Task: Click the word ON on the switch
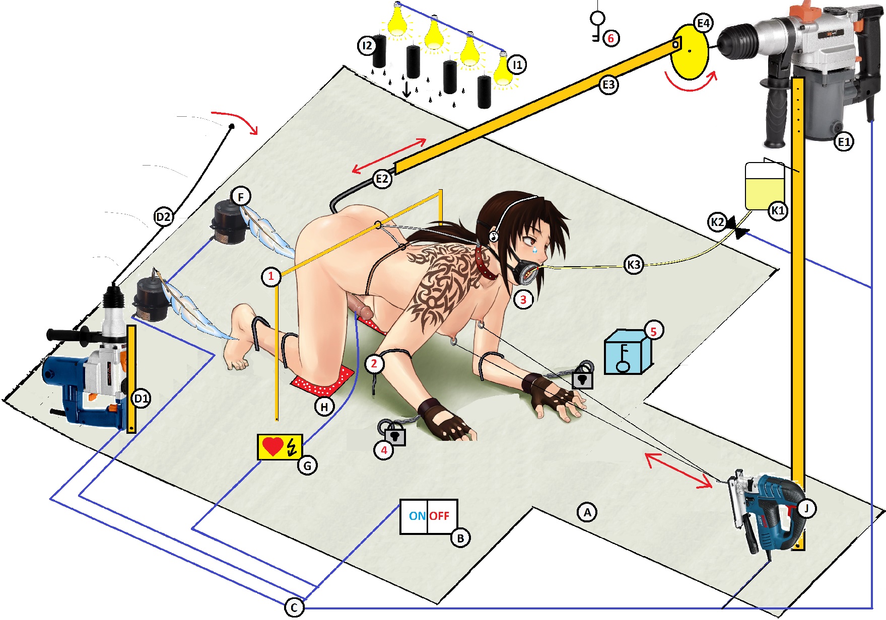pos(417,516)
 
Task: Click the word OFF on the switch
pos(439,516)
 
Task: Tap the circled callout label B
pos(460,538)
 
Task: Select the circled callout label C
pos(294,607)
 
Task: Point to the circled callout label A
pos(587,512)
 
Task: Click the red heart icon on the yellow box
pos(272,446)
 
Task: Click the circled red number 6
pos(611,38)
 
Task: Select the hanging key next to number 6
pos(597,25)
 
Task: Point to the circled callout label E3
pos(608,85)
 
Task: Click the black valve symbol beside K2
pos(736,228)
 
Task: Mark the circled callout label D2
pos(163,217)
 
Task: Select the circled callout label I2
pos(367,46)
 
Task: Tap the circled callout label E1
pos(844,142)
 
